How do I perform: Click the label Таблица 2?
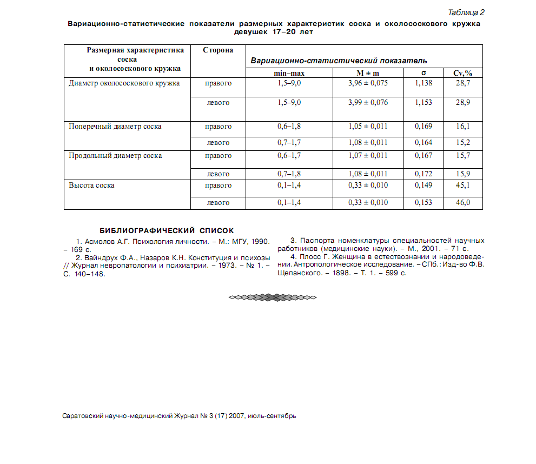[x=466, y=12]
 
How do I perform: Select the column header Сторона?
[x=218, y=50]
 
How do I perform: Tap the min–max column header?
[x=289, y=73]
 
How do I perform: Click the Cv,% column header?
[x=462, y=73]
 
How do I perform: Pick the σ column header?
[x=423, y=73]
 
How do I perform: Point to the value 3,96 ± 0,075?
[x=368, y=83]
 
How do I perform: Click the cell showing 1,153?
[x=423, y=103]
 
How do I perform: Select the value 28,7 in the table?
[x=462, y=83]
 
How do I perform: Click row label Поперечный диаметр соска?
[x=115, y=127]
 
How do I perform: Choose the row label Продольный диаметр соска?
[x=115, y=156]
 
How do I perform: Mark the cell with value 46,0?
[x=462, y=203]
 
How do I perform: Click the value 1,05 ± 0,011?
[x=368, y=127]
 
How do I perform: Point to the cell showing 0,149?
[x=423, y=185]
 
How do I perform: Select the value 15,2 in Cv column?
[x=462, y=143]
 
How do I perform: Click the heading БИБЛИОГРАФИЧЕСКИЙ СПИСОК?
[x=167, y=230]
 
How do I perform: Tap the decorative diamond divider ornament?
[x=273, y=297]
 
